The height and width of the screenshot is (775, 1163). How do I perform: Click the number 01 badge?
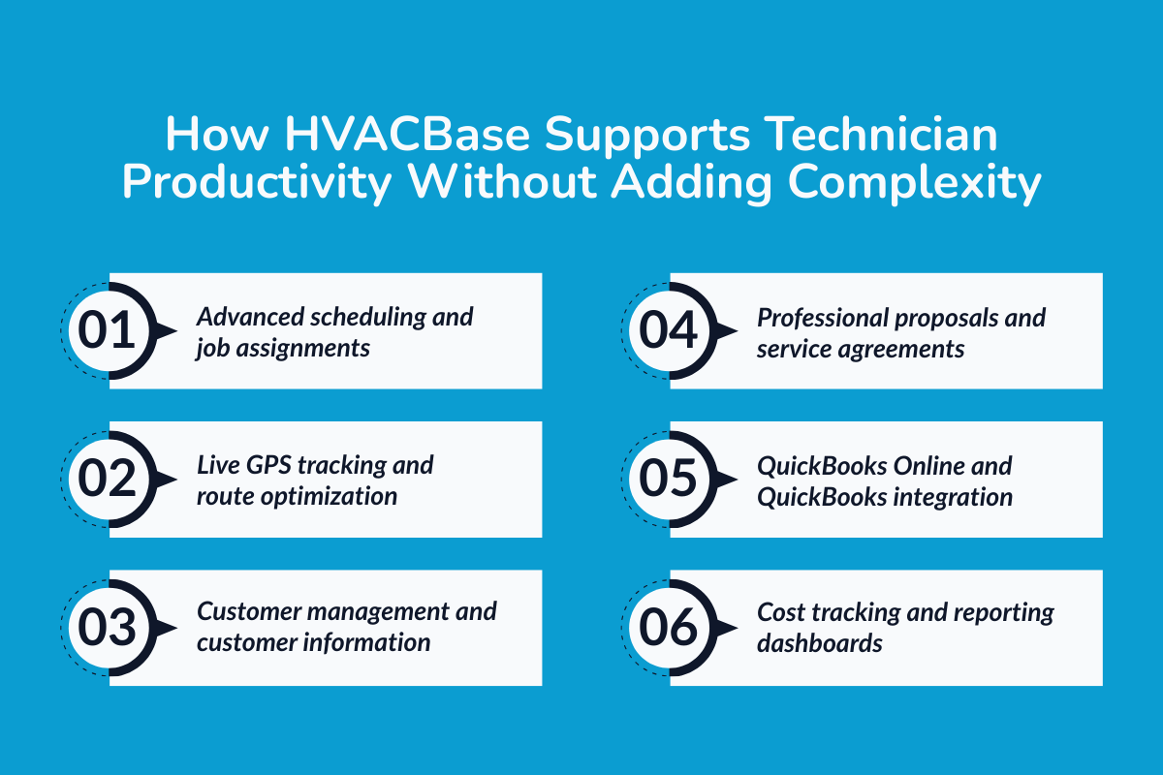coord(107,330)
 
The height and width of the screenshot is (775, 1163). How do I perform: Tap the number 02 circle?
coord(107,480)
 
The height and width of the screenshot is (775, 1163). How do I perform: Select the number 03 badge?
coord(107,628)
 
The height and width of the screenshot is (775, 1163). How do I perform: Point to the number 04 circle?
coord(668,330)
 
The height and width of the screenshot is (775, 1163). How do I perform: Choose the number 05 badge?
coord(668,480)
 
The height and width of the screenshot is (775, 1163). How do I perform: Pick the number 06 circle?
coord(668,628)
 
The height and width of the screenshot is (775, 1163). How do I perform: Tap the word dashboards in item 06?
coord(820,642)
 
